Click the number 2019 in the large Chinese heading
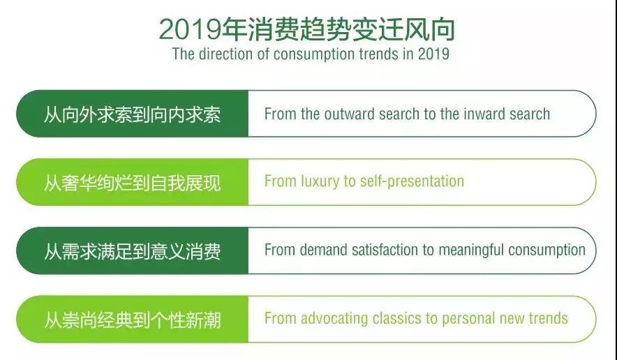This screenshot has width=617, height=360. [190, 29]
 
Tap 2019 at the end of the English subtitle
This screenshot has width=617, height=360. [433, 54]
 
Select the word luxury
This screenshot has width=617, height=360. [320, 182]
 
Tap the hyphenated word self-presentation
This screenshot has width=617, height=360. [412, 182]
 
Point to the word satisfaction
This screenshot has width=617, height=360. [385, 250]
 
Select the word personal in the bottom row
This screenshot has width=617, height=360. [468, 319]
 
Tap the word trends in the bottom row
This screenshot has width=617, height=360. [548, 318]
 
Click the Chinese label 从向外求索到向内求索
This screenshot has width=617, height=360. [132, 114]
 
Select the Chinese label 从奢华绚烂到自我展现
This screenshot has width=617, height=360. [132, 183]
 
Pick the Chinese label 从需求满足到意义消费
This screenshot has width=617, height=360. [132, 251]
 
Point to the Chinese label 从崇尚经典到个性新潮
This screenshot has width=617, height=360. [132, 320]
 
